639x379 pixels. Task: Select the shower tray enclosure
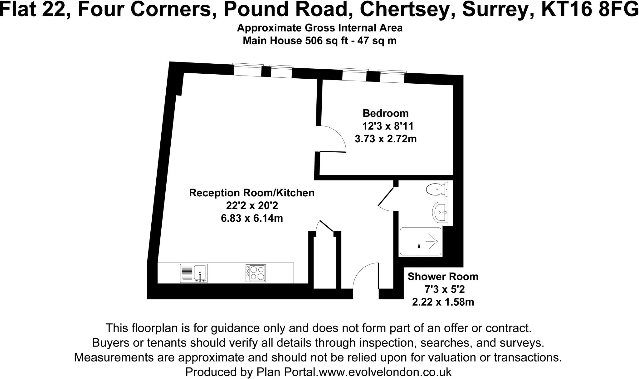click(420, 242)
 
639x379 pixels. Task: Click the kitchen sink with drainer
click(194, 273)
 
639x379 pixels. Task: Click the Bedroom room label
click(385, 113)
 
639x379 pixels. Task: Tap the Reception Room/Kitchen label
click(251, 193)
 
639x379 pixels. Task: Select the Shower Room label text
click(443, 277)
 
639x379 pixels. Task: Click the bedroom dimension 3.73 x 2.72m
click(386, 139)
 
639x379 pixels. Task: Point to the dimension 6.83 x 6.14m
click(251, 218)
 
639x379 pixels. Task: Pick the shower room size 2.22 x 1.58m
click(443, 302)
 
